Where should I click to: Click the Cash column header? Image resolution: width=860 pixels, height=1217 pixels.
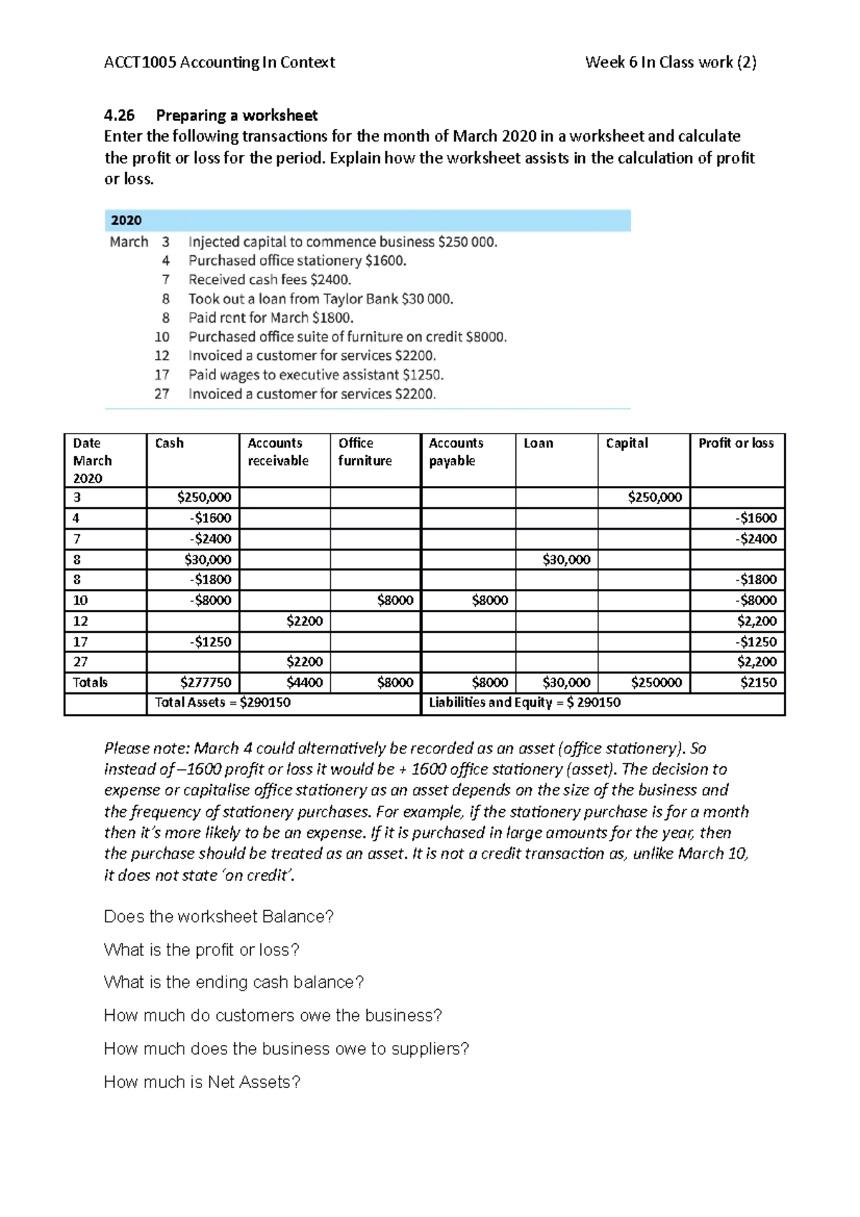click(170, 444)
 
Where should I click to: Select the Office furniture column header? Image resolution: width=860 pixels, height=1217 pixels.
click(365, 452)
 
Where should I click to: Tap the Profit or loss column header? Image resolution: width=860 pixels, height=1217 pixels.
click(736, 444)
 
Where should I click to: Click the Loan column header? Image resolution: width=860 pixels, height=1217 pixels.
click(538, 444)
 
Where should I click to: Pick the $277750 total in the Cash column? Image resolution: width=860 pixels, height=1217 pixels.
click(206, 683)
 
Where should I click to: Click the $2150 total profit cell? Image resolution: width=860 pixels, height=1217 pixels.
click(758, 683)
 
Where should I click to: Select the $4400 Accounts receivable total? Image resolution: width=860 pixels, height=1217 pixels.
click(305, 683)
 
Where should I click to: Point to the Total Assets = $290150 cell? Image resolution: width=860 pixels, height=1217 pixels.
click(223, 703)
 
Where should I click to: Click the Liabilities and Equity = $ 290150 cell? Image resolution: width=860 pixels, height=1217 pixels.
click(525, 703)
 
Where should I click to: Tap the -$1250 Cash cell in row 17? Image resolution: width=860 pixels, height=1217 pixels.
click(211, 642)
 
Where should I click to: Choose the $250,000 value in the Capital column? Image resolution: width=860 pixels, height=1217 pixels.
click(654, 497)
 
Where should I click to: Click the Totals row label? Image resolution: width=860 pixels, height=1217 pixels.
click(90, 683)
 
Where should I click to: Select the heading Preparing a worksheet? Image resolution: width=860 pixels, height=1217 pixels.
click(236, 115)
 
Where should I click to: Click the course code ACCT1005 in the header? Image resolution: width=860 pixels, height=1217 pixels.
click(140, 62)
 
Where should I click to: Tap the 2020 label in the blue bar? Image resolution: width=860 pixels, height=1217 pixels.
click(126, 221)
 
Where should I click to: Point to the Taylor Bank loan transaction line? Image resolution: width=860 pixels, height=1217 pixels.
click(320, 299)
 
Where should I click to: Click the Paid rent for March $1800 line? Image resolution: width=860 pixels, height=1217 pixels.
click(271, 318)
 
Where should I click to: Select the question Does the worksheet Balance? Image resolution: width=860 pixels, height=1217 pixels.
click(219, 917)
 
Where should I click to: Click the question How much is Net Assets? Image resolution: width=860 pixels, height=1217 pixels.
click(202, 1082)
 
